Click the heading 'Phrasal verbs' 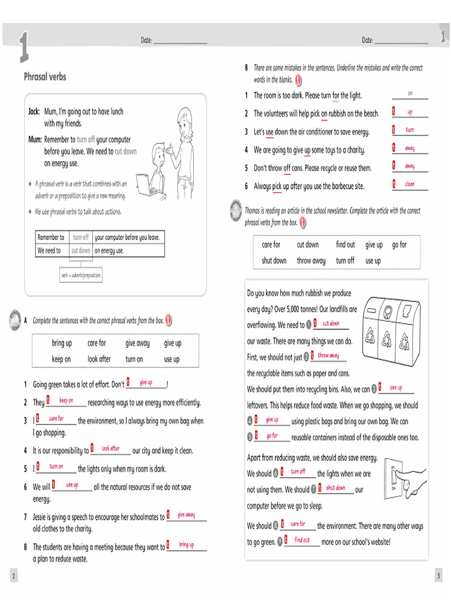[x=45, y=77]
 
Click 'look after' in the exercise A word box [x=99, y=359]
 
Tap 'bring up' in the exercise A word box [x=62, y=343]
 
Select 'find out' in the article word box [x=345, y=245]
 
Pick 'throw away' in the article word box [x=311, y=260]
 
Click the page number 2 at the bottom [x=14, y=574]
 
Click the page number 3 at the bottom [x=438, y=574]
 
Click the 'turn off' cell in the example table [x=80, y=238]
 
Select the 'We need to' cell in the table [x=49, y=250]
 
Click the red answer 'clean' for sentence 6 [x=409, y=184]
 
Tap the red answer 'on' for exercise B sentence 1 [x=410, y=93]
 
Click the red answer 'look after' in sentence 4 [x=110, y=449]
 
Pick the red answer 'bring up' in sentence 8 [x=186, y=545]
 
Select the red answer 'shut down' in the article [x=335, y=488]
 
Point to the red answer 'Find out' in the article [x=302, y=540]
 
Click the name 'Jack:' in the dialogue [x=35, y=112]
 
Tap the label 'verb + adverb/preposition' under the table [x=80, y=275]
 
